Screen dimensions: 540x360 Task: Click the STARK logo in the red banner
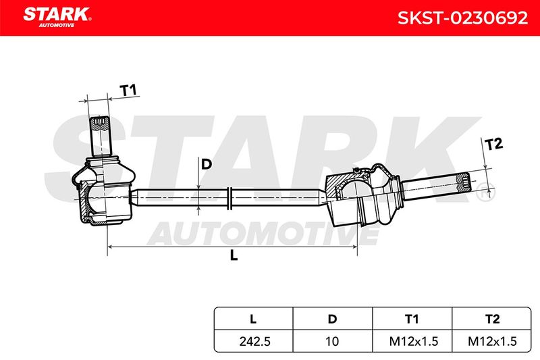click(x=57, y=18)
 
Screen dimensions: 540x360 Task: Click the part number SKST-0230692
click(x=462, y=18)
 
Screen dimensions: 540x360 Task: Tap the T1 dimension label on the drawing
click(x=128, y=91)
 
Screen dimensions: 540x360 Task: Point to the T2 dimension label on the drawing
click(x=493, y=144)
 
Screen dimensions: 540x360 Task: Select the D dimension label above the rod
click(x=206, y=164)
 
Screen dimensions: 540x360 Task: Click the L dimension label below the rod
click(x=234, y=255)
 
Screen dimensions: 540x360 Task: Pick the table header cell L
click(x=253, y=319)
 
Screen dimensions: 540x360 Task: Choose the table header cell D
click(x=332, y=319)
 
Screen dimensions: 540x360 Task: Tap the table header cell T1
click(x=412, y=319)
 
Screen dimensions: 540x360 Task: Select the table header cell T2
click(x=491, y=319)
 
